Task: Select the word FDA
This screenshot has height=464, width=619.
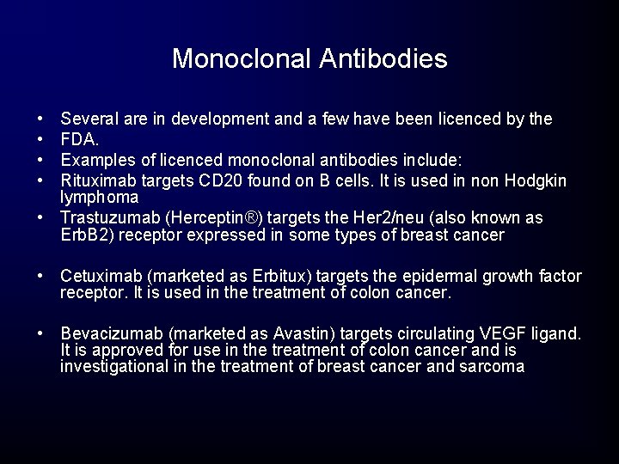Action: click(x=78, y=138)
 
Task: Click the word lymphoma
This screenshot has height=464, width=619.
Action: click(x=99, y=196)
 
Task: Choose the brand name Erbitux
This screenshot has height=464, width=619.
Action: click(x=280, y=277)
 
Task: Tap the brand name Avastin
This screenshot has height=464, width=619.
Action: click(x=293, y=333)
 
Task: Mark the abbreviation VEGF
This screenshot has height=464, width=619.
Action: click(x=507, y=333)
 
